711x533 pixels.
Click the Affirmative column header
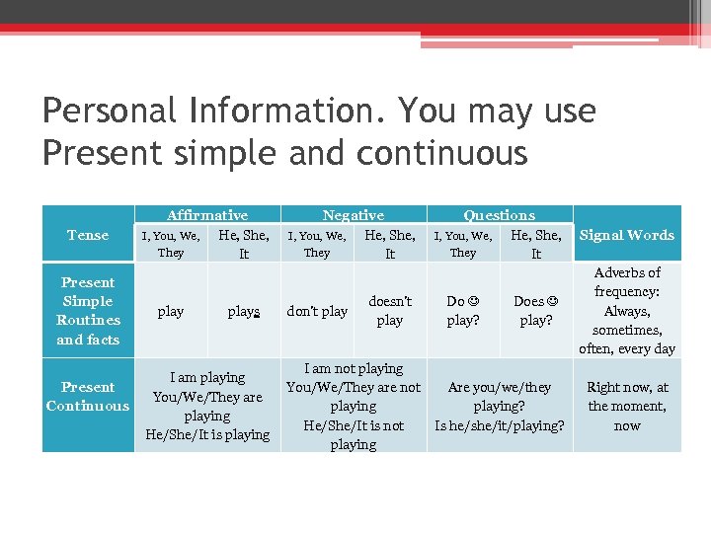click(207, 215)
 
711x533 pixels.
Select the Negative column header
click(354, 215)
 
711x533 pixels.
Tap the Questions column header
click(500, 215)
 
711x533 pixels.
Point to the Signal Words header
click(627, 235)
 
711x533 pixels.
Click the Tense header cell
click(88, 235)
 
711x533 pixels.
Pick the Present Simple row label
click(88, 311)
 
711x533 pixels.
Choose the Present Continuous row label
click(88, 397)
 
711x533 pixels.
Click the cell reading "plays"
click(243, 311)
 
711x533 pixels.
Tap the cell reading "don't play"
click(317, 311)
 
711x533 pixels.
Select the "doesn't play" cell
click(390, 311)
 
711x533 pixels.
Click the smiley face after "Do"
click(474, 301)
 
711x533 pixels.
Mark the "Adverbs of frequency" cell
click(627, 311)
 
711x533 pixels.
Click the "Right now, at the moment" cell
click(627, 406)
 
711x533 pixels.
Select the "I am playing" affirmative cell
click(207, 406)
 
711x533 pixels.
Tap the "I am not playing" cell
click(354, 406)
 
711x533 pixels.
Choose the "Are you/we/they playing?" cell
click(500, 406)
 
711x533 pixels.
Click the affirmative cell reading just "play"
click(171, 311)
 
